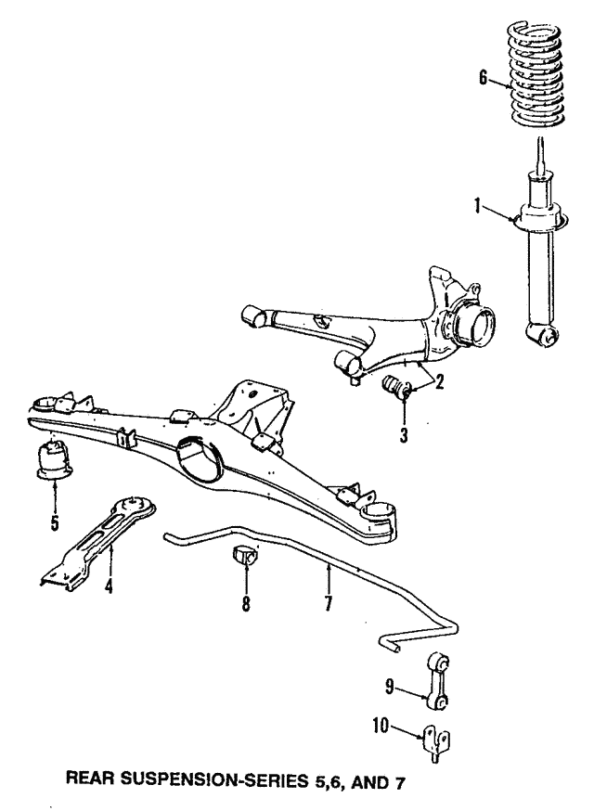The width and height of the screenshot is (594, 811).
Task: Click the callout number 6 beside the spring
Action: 483,79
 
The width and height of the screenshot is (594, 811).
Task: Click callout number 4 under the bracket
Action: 110,586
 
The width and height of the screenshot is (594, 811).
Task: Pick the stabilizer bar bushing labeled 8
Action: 247,558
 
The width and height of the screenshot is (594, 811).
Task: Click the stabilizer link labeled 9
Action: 440,680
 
